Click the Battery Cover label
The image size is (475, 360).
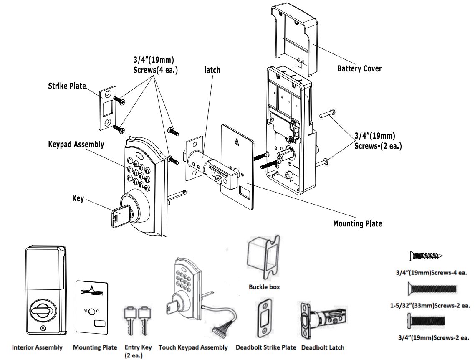point(359,68)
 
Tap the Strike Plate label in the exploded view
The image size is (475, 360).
point(66,86)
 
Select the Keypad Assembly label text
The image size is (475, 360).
point(76,145)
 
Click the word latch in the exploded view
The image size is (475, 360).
point(212,70)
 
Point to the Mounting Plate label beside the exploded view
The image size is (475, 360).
point(357,223)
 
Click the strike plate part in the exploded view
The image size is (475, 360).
point(108,108)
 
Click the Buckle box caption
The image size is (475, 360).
point(264,287)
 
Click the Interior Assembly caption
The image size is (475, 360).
point(38,347)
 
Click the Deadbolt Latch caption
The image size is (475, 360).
point(323,347)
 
